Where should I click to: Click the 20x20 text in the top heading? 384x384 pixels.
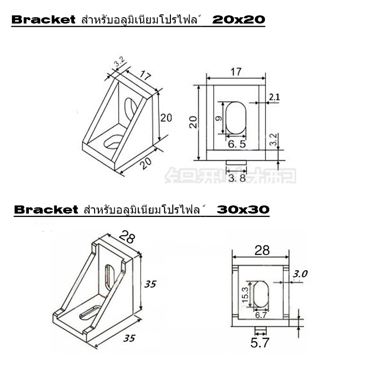coord(239,20)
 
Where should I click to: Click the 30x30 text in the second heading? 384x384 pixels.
coord(242,210)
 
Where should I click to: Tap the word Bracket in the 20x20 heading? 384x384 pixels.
coord(44,20)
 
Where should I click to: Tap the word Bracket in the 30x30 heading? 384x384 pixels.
coord(46,210)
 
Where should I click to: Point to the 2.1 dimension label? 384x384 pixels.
coord(274,98)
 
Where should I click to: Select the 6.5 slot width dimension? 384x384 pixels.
coord(237,144)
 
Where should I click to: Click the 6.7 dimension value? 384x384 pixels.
coord(261,315)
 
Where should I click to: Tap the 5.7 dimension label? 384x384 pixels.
coord(261,343)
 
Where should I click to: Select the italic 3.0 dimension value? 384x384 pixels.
coord(300,274)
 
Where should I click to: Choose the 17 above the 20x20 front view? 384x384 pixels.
coord(235,72)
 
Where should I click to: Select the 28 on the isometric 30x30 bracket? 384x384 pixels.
coord(127,237)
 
